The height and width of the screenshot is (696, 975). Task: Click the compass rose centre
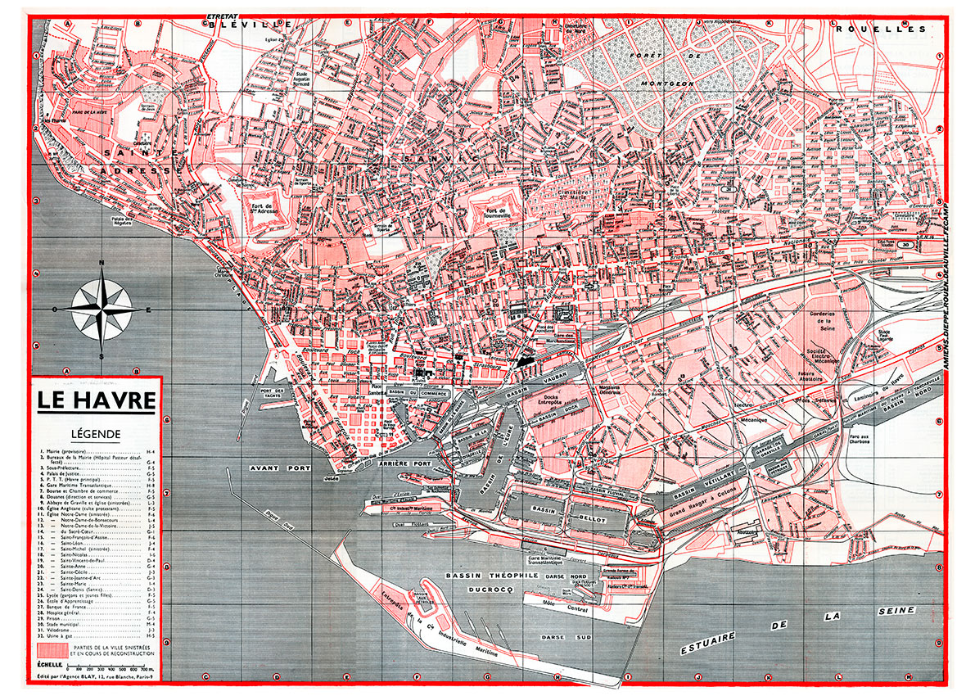pos(101,309)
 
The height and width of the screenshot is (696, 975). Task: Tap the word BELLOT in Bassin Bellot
pos(595,519)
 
